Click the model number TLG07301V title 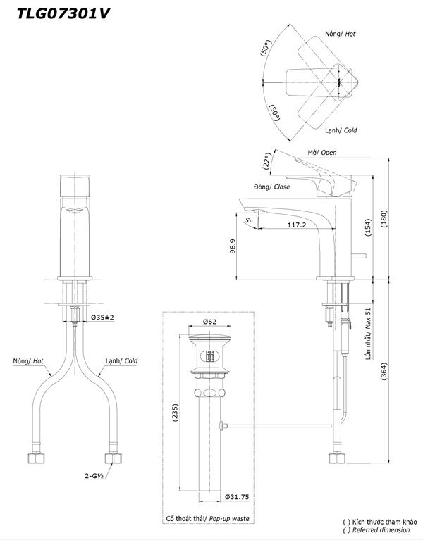pyautogui.click(x=63, y=14)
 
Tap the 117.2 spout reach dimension pyautogui.click(x=297, y=225)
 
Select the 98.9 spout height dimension pyautogui.click(x=233, y=246)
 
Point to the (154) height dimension pyautogui.click(x=368, y=227)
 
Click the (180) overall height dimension pyautogui.click(x=384, y=219)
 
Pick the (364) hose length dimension pyautogui.click(x=384, y=371)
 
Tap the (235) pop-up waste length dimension pyautogui.click(x=175, y=413)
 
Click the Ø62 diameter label pyautogui.click(x=209, y=322)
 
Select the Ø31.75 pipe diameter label pyautogui.click(x=237, y=497)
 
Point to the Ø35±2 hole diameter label pyautogui.click(x=102, y=318)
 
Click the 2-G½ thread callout pyautogui.click(x=94, y=476)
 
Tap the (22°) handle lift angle pyautogui.click(x=266, y=161)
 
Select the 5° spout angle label pyautogui.click(x=249, y=220)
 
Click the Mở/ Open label pyautogui.click(x=322, y=153)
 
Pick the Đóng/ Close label pyautogui.click(x=271, y=187)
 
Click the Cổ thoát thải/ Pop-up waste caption pyautogui.click(x=207, y=518)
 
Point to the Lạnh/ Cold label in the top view pyautogui.click(x=341, y=130)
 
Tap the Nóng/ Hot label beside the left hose pyautogui.click(x=28, y=361)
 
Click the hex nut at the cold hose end pyautogui.click(x=113, y=458)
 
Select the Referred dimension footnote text pyautogui.click(x=381, y=530)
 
